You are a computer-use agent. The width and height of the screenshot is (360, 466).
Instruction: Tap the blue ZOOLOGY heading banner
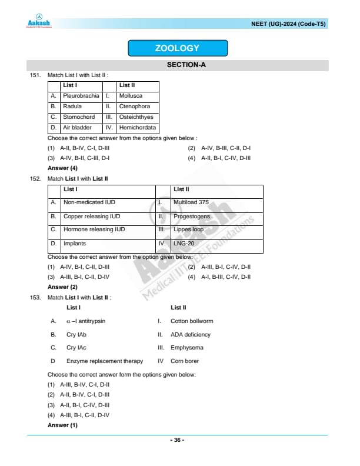[x=177, y=48]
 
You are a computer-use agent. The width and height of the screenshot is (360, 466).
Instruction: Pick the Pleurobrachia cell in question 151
[x=81, y=95]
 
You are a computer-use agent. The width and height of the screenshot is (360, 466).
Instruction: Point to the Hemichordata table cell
[x=137, y=128]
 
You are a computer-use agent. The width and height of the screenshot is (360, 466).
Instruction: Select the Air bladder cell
[x=77, y=128]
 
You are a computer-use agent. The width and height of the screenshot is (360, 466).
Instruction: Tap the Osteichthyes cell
[x=136, y=117]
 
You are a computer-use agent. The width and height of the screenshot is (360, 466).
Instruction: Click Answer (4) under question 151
[x=62, y=168]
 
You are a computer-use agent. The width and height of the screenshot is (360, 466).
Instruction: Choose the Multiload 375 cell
[x=191, y=202]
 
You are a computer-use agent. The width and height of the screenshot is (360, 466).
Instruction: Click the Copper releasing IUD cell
[x=92, y=217]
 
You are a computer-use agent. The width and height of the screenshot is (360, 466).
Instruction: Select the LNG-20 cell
[x=184, y=243]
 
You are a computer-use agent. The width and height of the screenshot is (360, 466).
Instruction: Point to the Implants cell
[x=75, y=243]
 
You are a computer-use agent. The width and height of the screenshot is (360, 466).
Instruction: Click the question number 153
[x=36, y=298]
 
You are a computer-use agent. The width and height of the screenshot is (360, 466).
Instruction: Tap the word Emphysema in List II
[x=186, y=348]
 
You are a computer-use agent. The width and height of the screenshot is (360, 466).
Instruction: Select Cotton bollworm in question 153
[x=192, y=321]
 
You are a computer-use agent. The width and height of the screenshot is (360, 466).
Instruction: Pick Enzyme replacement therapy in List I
[x=105, y=361]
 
